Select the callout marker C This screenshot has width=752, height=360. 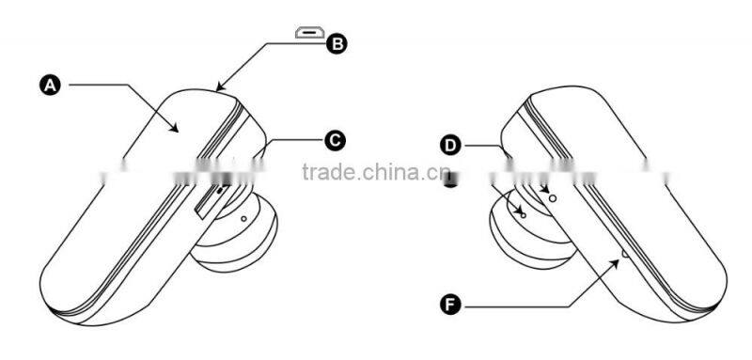(x=335, y=141)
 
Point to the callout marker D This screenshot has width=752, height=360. (x=451, y=145)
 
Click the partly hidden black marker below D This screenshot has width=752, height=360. (x=452, y=179)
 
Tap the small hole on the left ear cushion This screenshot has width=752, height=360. (x=244, y=218)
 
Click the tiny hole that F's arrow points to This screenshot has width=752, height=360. (x=626, y=252)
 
